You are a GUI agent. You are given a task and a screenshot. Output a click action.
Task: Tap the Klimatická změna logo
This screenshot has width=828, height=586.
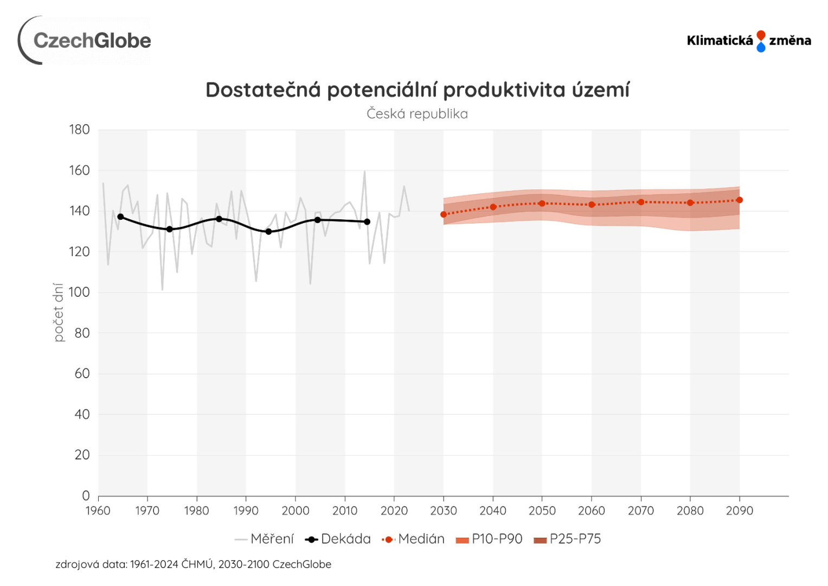[749, 41]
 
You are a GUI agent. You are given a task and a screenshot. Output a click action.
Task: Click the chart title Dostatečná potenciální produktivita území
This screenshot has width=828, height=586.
[417, 90]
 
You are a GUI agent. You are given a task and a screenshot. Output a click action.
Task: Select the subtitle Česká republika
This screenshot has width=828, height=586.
[417, 114]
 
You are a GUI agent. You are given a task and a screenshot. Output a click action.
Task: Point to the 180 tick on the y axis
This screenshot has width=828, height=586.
[80, 130]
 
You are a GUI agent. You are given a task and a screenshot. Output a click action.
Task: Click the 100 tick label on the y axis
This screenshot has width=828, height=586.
[80, 292]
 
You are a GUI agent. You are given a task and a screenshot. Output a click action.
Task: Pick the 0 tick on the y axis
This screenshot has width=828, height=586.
[86, 495]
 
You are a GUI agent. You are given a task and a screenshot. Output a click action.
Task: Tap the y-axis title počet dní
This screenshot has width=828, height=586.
[59, 313]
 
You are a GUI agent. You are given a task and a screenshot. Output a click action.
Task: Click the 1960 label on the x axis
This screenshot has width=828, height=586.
[98, 511]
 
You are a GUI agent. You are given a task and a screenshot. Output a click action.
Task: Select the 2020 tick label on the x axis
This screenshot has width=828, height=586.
[394, 511]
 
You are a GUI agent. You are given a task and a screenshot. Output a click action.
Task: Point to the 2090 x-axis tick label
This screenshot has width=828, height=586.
[740, 511]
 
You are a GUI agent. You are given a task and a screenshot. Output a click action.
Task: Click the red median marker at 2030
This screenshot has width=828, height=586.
[444, 214]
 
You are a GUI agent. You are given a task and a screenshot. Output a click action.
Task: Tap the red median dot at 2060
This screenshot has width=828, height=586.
[592, 205]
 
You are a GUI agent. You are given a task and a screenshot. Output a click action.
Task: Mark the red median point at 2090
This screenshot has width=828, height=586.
[740, 200]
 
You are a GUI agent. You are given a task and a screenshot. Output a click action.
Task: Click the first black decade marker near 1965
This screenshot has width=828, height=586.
[120, 216]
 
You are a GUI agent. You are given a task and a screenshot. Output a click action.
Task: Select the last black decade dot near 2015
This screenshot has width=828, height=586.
[367, 221]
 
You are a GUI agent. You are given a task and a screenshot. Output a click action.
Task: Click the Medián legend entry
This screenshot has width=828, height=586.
[413, 539]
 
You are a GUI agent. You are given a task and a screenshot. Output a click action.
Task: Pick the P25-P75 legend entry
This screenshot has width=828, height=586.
[567, 539]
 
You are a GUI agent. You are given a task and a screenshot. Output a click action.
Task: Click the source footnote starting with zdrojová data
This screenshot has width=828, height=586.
[193, 564]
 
